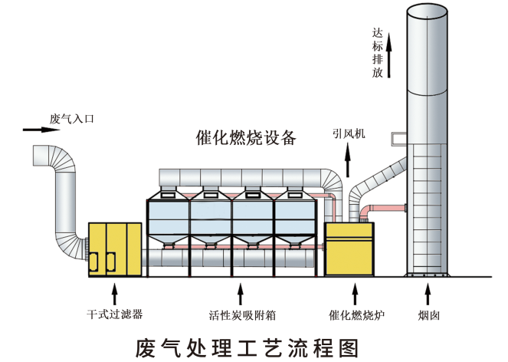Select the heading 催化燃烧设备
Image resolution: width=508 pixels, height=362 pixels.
245,138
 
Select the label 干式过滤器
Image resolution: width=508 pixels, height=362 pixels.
115,314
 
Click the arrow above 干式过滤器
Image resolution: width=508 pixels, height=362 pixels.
115,293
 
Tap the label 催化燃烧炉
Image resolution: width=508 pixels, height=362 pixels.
354,314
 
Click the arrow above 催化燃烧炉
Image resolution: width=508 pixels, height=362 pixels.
354,293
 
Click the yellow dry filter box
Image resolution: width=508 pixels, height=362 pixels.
115,248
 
